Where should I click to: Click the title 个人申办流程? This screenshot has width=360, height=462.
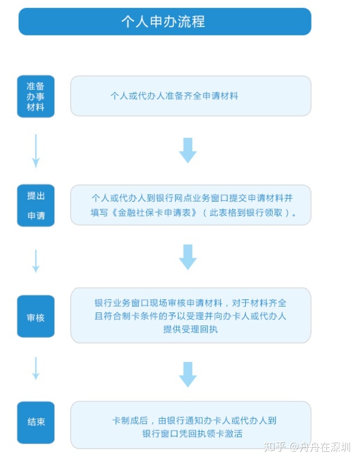tap(163, 22)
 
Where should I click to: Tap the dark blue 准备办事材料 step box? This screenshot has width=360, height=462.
tap(35, 97)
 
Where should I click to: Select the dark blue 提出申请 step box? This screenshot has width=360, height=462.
tap(35, 206)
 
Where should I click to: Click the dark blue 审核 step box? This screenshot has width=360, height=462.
tap(35, 316)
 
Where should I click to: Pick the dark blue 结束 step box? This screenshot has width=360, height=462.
tap(35, 422)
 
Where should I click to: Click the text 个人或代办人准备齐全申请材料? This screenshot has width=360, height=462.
tap(174, 96)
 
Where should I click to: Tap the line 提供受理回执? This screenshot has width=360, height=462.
tap(191, 329)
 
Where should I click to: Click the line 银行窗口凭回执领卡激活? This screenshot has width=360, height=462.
tap(192, 433)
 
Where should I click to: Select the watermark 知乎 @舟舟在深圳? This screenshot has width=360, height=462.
tap(307, 447)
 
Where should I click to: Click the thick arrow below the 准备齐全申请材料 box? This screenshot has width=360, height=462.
tap(188, 150)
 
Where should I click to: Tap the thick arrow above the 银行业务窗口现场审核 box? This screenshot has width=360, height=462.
tap(188, 257)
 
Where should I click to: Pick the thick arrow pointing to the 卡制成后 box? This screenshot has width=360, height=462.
tap(188, 375)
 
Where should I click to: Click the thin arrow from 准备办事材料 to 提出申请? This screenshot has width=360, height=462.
tap(35, 151)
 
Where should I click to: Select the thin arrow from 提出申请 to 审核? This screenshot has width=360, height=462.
tap(35, 261)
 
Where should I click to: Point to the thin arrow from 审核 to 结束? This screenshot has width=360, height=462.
tap(35, 368)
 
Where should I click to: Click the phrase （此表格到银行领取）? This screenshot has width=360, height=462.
tap(246, 213)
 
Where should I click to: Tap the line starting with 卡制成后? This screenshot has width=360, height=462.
tap(195, 420)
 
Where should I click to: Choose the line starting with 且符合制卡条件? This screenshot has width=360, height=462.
tap(191, 316)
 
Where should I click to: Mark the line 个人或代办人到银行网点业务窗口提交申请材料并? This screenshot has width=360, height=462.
tap(192, 198)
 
